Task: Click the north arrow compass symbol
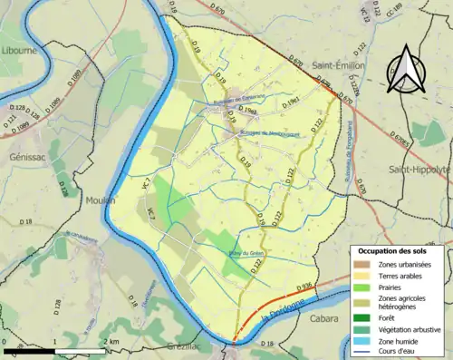click(404, 68)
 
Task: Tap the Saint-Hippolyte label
click(420, 170)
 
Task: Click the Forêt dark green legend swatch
click(363, 317)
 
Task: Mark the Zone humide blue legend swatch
click(363, 339)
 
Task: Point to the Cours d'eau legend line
click(363, 350)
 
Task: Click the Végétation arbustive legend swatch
click(363, 328)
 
